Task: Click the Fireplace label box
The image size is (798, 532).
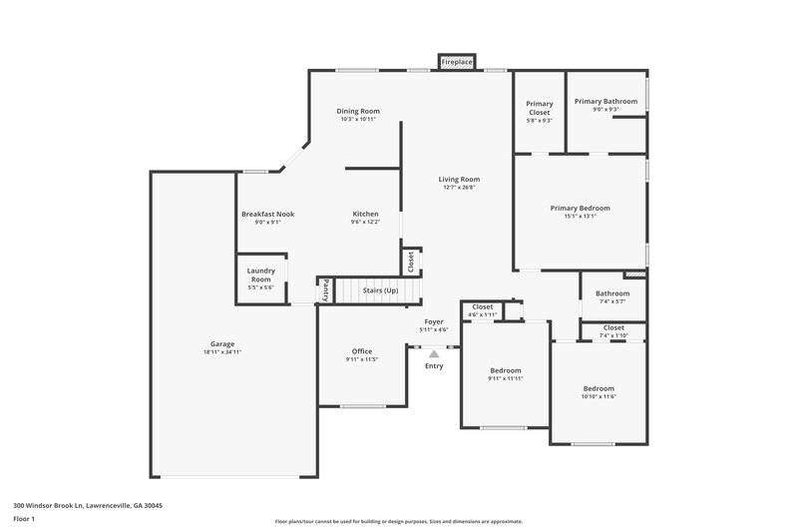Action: pyautogui.click(x=458, y=63)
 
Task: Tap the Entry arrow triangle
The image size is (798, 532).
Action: pyautogui.click(x=434, y=352)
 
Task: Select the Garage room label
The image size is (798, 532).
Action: pyautogui.click(x=222, y=344)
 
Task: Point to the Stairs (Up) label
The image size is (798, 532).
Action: pyautogui.click(x=380, y=290)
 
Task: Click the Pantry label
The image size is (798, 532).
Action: pyautogui.click(x=326, y=290)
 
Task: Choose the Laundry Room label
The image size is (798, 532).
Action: pyautogui.click(x=261, y=273)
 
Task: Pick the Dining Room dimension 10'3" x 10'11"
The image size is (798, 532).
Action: pyautogui.click(x=357, y=120)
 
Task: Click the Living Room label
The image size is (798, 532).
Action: pyautogui.click(x=459, y=180)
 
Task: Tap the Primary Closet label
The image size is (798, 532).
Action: pyautogui.click(x=540, y=108)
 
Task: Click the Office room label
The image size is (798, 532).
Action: pyautogui.click(x=362, y=351)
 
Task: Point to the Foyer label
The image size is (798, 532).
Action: pyautogui.click(x=434, y=321)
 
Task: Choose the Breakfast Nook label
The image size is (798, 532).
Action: pyautogui.click(x=268, y=214)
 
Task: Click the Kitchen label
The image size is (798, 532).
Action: pyautogui.click(x=365, y=214)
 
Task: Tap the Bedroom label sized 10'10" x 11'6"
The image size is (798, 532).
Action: pyautogui.click(x=598, y=388)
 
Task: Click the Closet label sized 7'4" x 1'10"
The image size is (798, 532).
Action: pyautogui.click(x=613, y=327)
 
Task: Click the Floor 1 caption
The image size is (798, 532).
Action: pyautogui.click(x=24, y=519)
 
